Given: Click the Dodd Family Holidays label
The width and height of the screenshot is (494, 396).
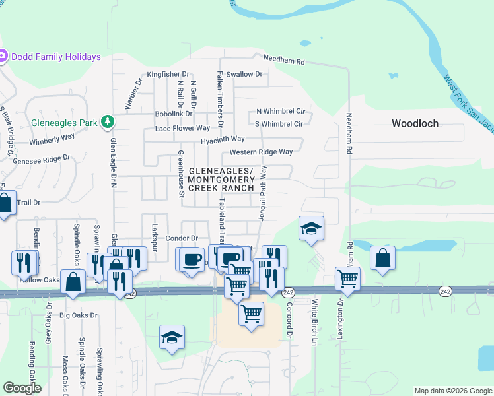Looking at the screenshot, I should coord(55,57).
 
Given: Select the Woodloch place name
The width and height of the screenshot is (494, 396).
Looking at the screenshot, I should coord(415,123).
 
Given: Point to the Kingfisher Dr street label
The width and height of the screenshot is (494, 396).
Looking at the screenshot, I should coord(168,74).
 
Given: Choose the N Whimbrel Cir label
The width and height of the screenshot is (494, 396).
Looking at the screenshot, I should coord(280,112).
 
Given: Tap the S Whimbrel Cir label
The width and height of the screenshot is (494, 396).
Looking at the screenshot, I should coord(278,123).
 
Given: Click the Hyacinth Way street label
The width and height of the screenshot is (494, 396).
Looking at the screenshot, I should coord(223,139).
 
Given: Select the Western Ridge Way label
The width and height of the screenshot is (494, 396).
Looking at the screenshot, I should coord(261,152).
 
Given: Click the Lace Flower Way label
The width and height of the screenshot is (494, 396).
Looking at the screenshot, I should coord(182,128).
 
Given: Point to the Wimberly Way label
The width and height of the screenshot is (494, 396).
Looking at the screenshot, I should coord(52,141).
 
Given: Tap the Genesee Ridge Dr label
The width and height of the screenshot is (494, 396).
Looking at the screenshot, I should coord(41,159).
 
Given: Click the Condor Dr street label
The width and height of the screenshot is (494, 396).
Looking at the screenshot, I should coord(182,238).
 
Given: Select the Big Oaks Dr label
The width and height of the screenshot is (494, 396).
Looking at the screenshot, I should coord(78,315).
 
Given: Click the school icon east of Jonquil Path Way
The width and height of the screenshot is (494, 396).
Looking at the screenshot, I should coord(311,229).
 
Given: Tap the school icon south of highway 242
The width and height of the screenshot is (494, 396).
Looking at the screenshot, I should coord(172,338).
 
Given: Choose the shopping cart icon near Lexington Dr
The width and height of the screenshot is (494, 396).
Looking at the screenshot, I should coord(347,278).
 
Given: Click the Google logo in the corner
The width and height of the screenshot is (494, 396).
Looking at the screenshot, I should coord(22,388).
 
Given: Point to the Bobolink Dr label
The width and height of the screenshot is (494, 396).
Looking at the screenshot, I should coord(173,114).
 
